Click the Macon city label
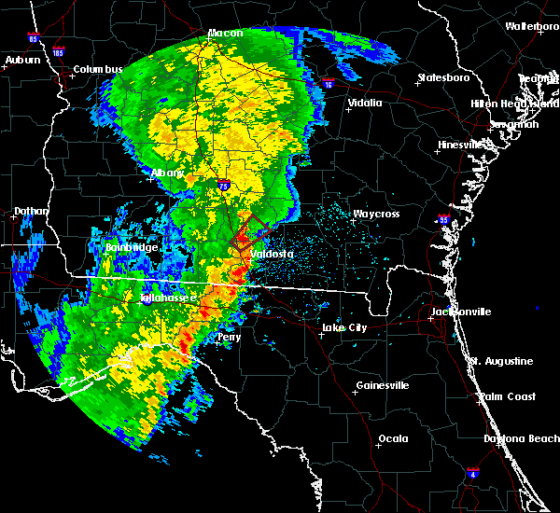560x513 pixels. point(225,34)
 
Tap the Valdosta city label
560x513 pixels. point(271,254)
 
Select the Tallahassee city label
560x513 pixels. point(168,298)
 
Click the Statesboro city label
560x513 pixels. point(446,77)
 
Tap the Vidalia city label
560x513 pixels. point(364,103)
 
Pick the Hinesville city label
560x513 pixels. point(464,145)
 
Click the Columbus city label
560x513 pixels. point(98,70)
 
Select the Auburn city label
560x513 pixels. point(23,61)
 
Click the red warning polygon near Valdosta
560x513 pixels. point(251,229)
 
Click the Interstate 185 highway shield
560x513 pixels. point(59,52)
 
